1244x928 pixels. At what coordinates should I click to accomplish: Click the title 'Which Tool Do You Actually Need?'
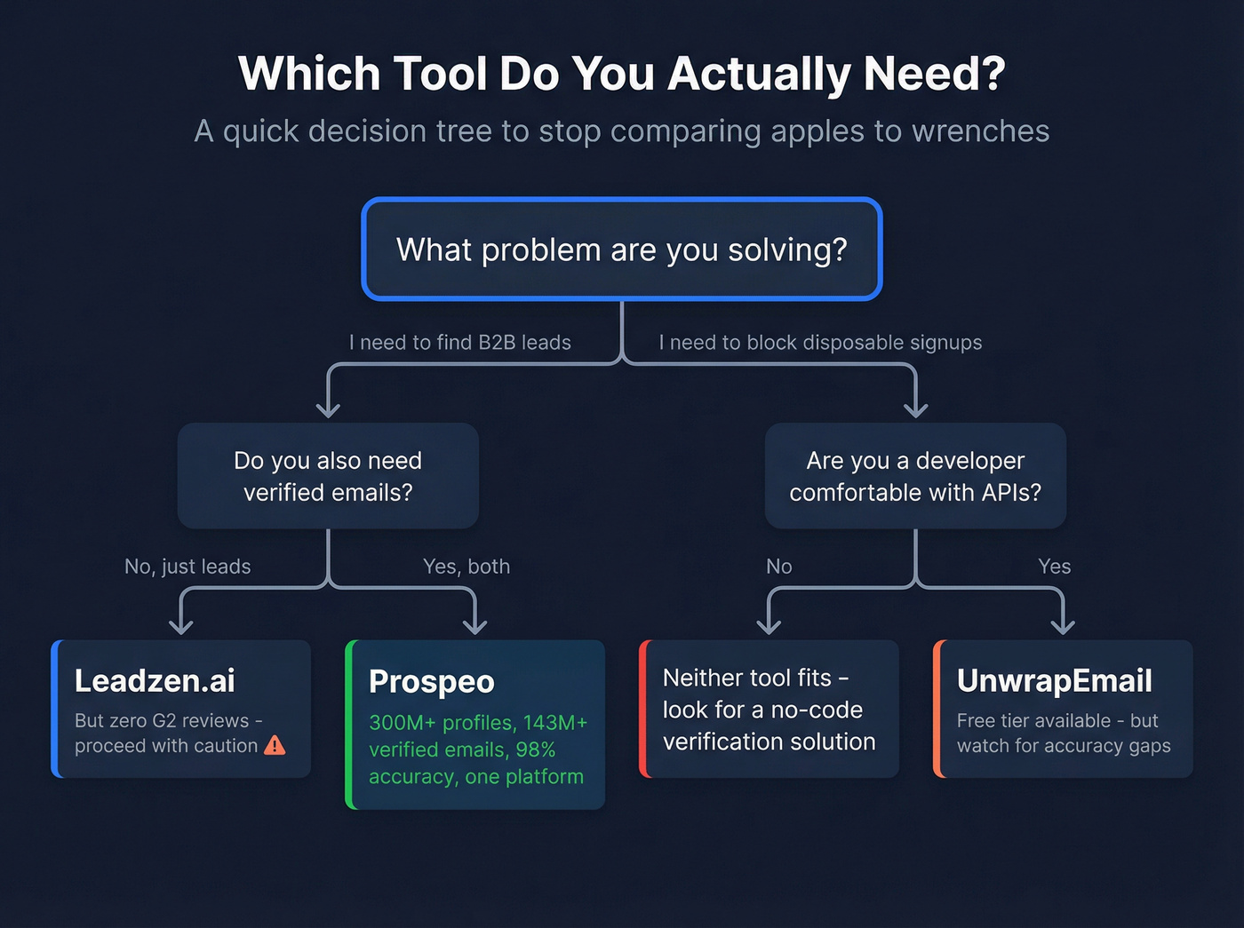pos(621,74)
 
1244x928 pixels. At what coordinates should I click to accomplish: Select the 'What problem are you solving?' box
pos(621,250)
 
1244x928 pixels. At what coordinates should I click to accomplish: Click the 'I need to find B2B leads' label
pos(459,343)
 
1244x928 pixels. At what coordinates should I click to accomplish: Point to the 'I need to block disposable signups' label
pos(820,343)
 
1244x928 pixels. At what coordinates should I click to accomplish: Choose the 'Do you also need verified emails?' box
pos(328,476)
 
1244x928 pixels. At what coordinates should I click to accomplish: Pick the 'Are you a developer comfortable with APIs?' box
pos(915,476)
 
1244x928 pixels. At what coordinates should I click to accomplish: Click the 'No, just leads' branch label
pos(187,567)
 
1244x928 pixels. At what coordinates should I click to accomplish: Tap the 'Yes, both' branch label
pos(466,567)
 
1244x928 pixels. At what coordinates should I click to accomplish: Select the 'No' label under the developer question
pos(779,567)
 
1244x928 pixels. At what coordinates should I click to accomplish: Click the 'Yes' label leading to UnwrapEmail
pos(1055,567)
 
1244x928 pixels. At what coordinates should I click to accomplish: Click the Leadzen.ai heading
pos(155,681)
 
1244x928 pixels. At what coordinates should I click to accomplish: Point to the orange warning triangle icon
pos(275,745)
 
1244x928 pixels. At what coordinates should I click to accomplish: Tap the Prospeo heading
pos(431,682)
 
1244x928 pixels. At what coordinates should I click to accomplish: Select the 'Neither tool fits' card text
pos(769,710)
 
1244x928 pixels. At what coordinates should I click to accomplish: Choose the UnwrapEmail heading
pos(1054,681)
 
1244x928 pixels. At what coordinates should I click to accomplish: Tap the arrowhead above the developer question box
pos(915,408)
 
